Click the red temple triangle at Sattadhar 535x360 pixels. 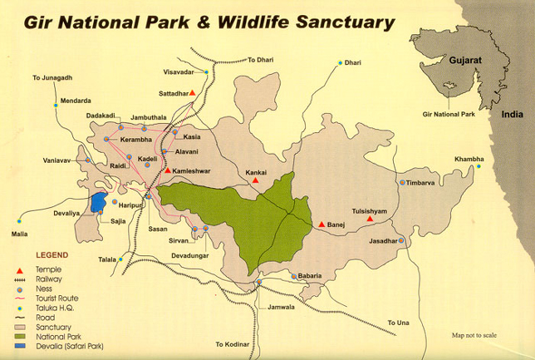coord(192,93)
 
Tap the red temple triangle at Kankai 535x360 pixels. coord(257,180)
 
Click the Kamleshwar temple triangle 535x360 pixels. coord(168,170)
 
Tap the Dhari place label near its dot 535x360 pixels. coord(353,62)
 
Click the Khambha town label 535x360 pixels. coord(468,159)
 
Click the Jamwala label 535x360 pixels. coord(282,307)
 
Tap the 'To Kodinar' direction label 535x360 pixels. coord(232,344)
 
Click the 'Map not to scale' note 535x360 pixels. coord(474,335)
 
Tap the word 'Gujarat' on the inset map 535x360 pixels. coord(466,61)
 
